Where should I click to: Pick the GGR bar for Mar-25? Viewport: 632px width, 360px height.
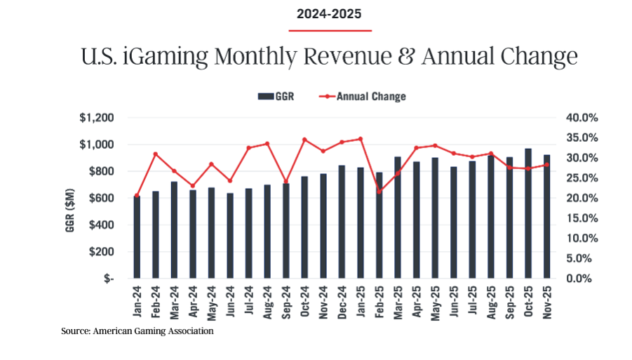tap(398, 218)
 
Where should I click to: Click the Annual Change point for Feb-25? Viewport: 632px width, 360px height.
tap(379, 191)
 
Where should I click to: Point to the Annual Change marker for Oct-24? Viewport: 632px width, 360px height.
tap(304, 140)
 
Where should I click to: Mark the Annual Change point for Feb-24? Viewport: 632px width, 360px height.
tap(156, 154)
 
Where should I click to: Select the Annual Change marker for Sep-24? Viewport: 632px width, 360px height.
tap(286, 182)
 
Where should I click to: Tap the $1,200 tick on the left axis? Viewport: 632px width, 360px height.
tap(98, 118)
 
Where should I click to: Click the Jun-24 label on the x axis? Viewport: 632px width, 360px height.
tap(230, 301)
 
